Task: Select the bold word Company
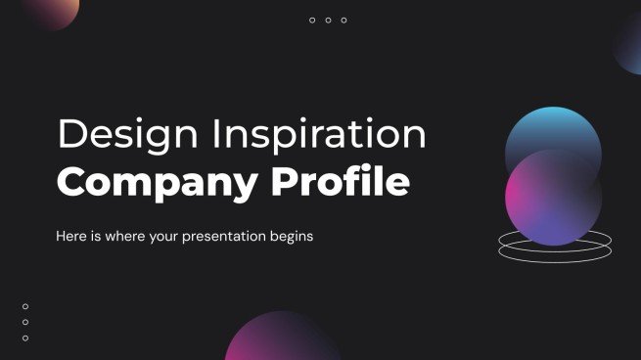click(x=146, y=183)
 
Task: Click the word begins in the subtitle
click(x=287, y=237)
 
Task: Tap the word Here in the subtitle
click(x=73, y=237)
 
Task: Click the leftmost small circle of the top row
click(x=312, y=21)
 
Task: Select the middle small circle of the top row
click(x=328, y=21)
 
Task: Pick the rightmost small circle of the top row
click(x=343, y=21)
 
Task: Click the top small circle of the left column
click(x=25, y=306)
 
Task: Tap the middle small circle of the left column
click(x=25, y=322)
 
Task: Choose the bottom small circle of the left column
click(x=25, y=337)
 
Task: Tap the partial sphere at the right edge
click(x=628, y=44)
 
